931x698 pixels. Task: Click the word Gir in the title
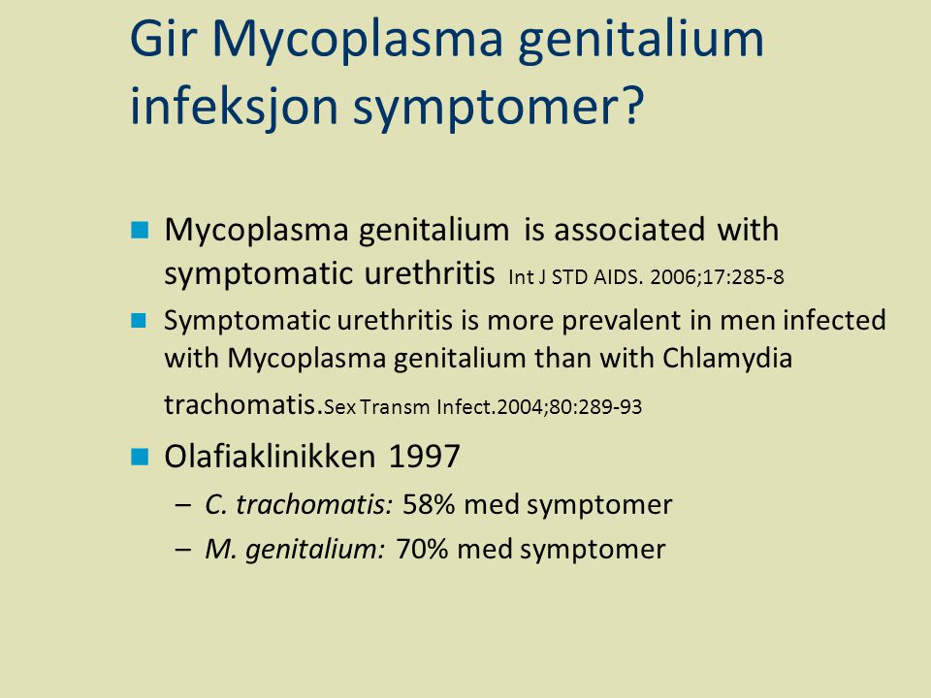click(163, 39)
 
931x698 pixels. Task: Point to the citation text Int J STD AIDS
click(575, 277)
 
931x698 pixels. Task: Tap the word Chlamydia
click(727, 358)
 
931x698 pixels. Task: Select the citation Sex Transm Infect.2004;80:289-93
click(483, 407)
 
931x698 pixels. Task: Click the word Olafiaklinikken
click(271, 457)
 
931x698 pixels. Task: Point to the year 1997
click(425, 457)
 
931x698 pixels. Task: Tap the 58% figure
click(429, 504)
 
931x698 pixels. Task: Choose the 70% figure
click(422, 549)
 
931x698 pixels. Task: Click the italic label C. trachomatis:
click(299, 504)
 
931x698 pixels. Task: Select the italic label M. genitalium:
click(295, 550)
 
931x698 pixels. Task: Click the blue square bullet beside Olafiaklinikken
click(140, 457)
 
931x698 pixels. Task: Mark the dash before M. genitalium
click(183, 550)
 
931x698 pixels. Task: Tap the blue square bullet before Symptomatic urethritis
click(139, 321)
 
